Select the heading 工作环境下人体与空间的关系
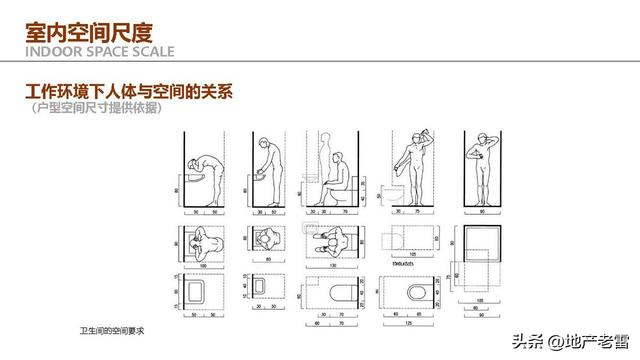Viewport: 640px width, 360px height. [130, 93]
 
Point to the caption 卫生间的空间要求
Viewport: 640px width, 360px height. [113, 328]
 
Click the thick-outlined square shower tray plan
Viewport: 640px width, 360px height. [484, 244]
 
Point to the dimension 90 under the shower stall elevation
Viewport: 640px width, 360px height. [485, 212]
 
